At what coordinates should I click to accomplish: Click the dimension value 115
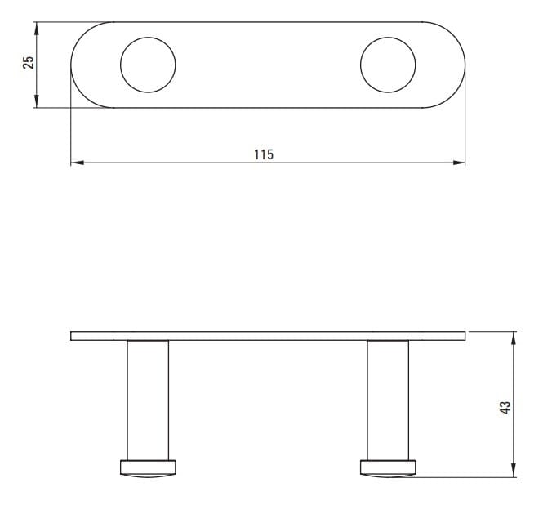coord(264,154)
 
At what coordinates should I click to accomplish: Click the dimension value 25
coord(29,63)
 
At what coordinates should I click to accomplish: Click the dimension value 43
coord(505,407)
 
